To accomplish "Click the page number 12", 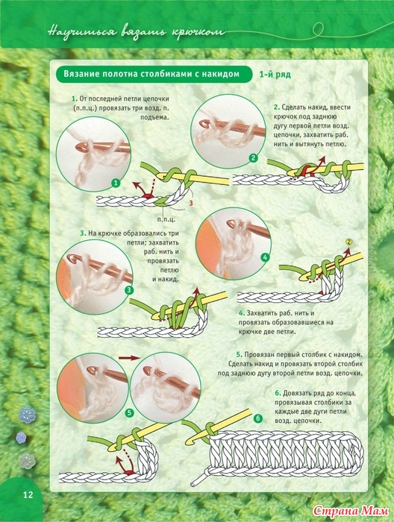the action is (28, 494).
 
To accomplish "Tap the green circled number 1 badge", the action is (116, 183).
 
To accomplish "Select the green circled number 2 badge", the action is (254, 158).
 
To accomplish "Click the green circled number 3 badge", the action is (129, 290).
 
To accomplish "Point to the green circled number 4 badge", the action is (265, 257).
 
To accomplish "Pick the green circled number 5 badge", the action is (129, 413).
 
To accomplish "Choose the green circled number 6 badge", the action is (258, 418).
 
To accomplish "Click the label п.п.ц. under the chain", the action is (166, 219).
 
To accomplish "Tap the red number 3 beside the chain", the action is (191, 202).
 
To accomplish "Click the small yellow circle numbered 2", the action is (348, 242).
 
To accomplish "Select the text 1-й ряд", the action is (275, 75).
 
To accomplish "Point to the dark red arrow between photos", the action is (128, 358).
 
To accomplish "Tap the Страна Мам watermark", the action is (351, 510).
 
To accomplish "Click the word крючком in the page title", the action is (198, 33).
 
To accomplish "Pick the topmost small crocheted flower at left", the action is (27, 415).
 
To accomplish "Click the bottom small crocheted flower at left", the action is (27, 461).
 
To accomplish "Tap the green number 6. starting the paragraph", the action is (278, 393).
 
